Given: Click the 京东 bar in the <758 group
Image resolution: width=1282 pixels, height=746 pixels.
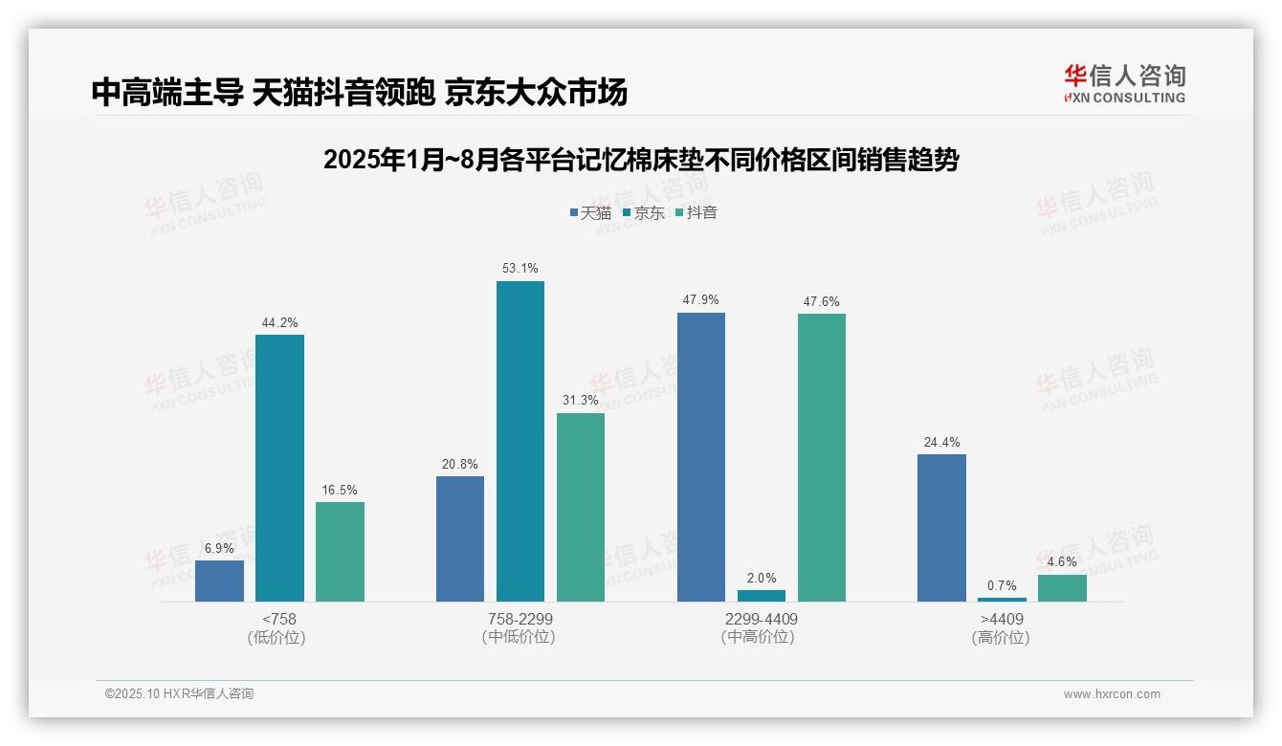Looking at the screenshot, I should [279, 468].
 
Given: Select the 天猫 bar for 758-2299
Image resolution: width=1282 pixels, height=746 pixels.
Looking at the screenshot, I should [459, 538].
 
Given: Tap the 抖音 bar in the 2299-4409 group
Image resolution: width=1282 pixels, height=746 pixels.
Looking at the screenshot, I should [821, 457].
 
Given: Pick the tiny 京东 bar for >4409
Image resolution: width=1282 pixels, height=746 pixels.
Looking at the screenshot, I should [1002, 599].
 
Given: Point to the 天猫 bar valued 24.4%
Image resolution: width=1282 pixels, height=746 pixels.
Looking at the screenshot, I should [941, 527].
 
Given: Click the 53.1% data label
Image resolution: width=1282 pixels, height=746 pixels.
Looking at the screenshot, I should [519, 269].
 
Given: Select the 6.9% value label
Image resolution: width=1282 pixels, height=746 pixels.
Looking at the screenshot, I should [219, 548].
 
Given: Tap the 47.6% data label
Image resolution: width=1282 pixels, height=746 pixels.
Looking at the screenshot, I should [821, 301].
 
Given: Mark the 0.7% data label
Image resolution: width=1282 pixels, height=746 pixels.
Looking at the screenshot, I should [1002, 585].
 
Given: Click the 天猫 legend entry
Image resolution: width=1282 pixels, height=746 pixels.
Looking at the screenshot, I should [589, 212].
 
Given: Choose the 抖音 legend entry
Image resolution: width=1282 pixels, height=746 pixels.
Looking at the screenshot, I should [696, 212].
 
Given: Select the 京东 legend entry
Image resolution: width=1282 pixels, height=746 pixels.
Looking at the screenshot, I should [643, 212].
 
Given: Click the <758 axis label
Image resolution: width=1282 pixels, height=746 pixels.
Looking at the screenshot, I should [279, 619].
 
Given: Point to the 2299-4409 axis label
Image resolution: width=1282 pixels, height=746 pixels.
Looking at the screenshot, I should [761, 619].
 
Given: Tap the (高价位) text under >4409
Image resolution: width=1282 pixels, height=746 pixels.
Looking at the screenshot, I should [1001, 637].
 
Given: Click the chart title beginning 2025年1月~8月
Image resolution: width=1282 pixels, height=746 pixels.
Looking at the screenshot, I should [641, 160].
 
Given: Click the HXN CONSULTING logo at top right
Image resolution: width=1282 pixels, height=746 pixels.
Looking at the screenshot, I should [1124, 83].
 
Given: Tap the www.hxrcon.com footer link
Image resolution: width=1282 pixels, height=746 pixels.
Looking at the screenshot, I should [1112, 694].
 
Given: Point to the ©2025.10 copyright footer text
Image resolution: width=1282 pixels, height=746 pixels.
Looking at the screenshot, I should [179, 693].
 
